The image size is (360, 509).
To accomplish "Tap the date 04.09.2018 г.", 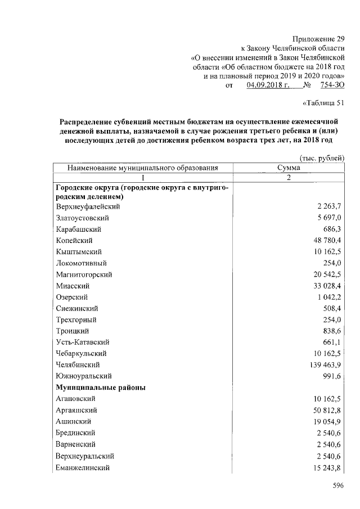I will (268, 85).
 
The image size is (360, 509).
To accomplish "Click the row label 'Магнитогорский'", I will (84, 274).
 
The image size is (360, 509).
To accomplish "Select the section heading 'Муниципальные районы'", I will (101, 387).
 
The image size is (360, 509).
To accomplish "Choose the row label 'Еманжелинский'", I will (83, 467).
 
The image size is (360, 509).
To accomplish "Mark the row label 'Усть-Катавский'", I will (82, 341).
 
